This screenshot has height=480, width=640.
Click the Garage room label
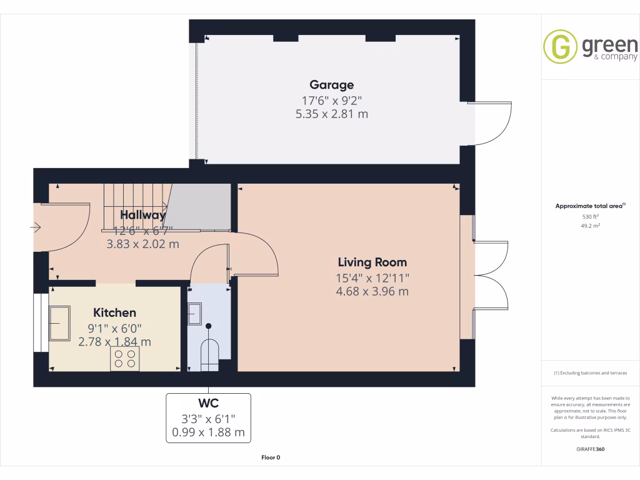click(331, 85)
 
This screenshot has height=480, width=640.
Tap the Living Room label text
click(372, 262)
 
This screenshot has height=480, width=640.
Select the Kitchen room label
click(114, 312)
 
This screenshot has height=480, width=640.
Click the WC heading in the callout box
click(208, 402)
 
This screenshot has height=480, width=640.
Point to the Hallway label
click(142, 215)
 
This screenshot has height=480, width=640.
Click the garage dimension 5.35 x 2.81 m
click(331, 114)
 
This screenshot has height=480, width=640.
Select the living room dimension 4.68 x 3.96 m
click(372, 291)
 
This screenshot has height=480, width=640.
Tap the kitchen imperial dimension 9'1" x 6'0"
click(114, 327)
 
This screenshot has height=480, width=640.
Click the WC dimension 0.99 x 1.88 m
click(208, 432)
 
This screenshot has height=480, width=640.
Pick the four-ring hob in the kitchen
click(124, 358)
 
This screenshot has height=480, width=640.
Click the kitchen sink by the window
click(61, 323)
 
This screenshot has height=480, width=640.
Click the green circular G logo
click(560, 46)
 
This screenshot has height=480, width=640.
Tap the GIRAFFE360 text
click(591, 449)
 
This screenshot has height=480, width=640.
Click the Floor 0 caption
click(271, 457)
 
